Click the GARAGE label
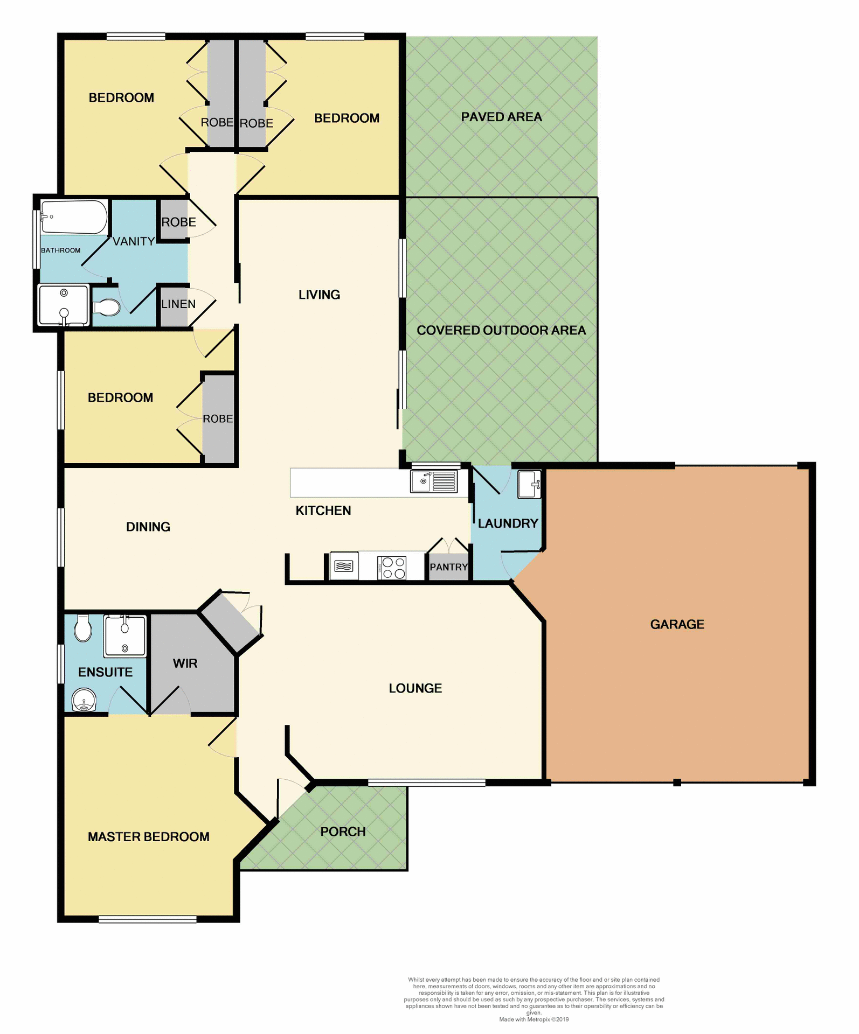point(677,624)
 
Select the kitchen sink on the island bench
point(433,481)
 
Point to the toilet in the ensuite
point(83,628)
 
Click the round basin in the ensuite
point(84,700)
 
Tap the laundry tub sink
point(529,484)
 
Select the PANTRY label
point(448,567)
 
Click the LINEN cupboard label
point(178,304)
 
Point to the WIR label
point(185,663)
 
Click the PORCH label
point(343,832)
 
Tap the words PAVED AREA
point(501,117)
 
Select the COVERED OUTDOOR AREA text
point(501,330)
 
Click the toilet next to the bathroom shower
point(107,308)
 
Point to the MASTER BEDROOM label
point(148,836)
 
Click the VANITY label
point(134,242)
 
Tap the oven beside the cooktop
point(344,566)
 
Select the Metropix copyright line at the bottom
point(534,1019)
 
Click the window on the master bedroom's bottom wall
point(147,920)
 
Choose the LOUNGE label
point(415,688)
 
